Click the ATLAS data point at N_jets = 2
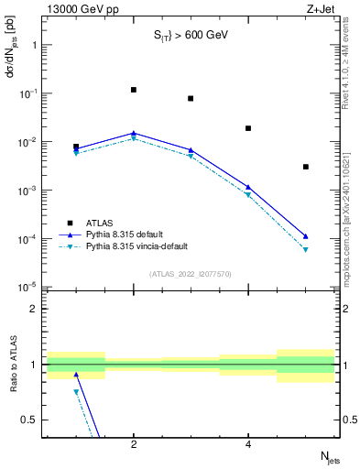134,90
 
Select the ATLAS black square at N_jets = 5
305,167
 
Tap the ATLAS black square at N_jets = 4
248,128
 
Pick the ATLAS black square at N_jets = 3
191,98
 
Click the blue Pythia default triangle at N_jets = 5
305,235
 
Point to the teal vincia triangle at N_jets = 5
305,249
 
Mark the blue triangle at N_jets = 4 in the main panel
248,187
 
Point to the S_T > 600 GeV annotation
190,36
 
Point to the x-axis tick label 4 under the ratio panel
248,444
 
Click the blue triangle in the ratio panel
76,375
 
